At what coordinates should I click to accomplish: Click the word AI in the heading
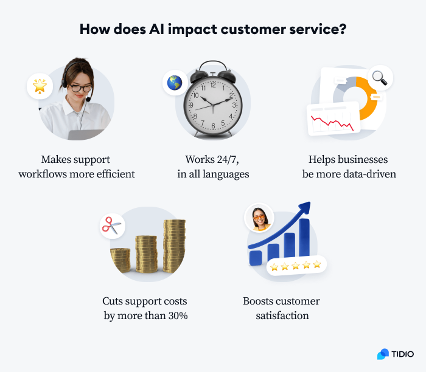click(173, 30)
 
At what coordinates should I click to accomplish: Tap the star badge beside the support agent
click(40, 86)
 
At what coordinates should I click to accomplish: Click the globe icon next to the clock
click(175, 83)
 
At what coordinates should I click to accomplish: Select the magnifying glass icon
click(380, 78)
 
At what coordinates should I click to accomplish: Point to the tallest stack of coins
click(174, 246)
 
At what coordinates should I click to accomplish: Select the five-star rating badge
click(295, 266)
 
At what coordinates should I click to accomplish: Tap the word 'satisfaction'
click(281, 315)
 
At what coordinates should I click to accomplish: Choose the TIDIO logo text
click(402, 354)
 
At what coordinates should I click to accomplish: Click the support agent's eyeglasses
click(80, 88)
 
